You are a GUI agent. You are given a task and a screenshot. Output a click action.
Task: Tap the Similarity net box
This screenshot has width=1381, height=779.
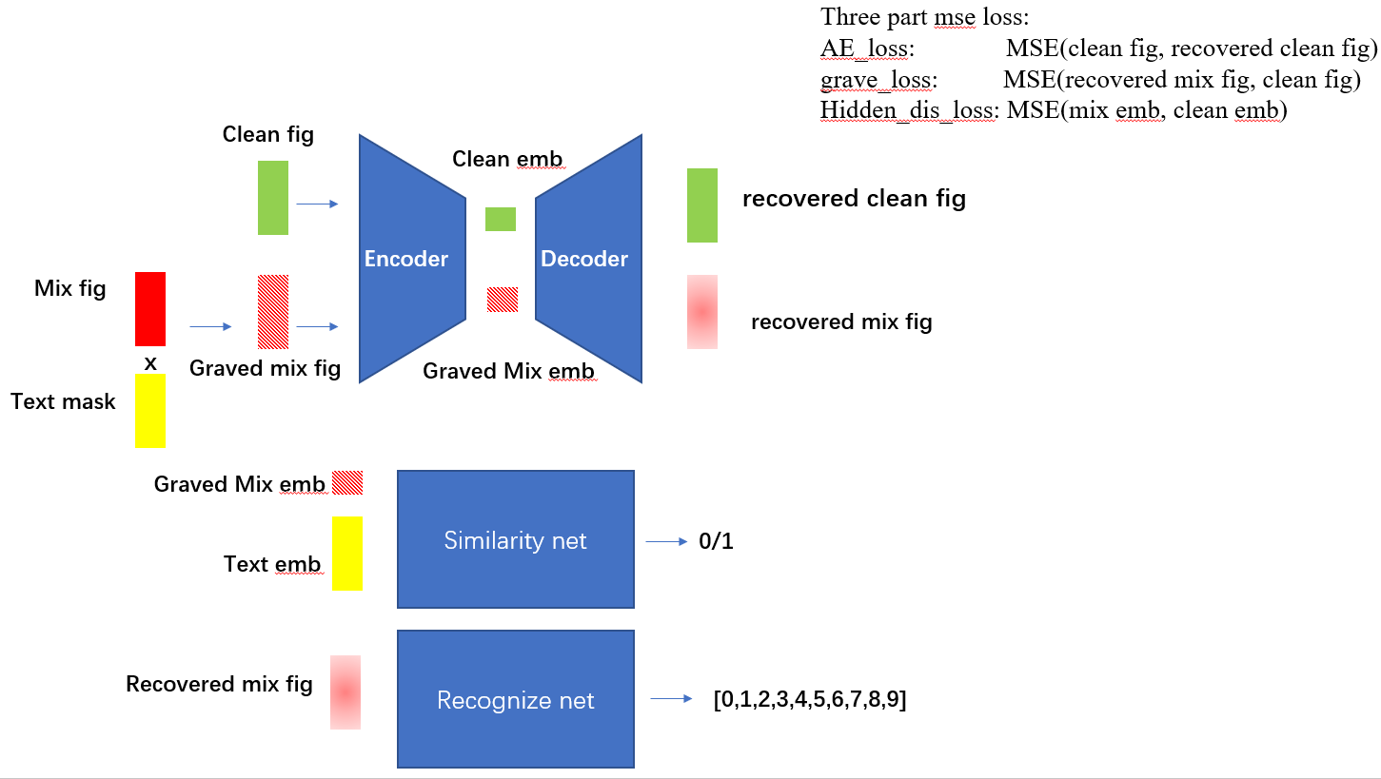(515, 539)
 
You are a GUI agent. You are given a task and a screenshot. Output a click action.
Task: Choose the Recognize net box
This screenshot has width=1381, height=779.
(515, 699)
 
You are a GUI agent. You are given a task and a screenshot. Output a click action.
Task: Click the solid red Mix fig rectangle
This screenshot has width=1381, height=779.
(150, 309)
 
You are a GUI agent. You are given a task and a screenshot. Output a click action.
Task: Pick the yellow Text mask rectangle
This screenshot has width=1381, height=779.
(150, 411)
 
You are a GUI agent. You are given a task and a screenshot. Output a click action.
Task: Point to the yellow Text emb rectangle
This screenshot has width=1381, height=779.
(347, 554)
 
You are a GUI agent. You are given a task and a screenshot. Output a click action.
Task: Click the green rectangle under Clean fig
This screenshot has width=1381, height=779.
(273, 198)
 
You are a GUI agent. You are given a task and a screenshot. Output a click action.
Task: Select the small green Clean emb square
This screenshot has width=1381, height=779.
(501, 219)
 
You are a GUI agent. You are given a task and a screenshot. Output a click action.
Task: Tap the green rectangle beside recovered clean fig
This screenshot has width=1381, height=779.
(702, 205)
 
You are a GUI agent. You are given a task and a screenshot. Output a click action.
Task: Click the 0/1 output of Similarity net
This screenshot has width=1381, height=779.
(716, 542)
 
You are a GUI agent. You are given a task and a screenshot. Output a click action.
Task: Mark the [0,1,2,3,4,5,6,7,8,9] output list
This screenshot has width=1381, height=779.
(809, 701)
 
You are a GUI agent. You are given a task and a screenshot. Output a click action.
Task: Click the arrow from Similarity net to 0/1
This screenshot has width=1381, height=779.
(666, 541)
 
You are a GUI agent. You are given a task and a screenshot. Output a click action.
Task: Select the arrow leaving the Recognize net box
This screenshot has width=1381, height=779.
(672, 699)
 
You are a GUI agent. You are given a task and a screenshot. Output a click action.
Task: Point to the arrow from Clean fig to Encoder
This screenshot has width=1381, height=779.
(317, 204)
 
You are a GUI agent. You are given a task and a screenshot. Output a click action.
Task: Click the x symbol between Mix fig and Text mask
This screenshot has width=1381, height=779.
(150, 362)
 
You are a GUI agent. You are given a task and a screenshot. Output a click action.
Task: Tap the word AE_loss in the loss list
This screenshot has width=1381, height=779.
(867, 48)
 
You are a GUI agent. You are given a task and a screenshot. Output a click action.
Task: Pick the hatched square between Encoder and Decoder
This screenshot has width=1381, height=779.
(503, 300)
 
